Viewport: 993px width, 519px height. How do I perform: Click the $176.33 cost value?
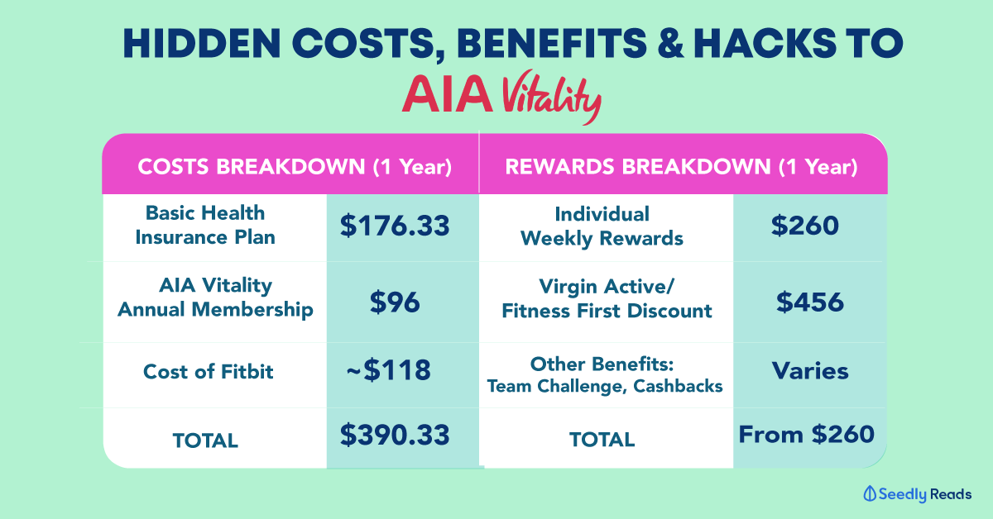point(395,226)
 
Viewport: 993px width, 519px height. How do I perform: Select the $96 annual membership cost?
point(395,301)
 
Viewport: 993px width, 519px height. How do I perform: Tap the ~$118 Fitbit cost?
point(389,369)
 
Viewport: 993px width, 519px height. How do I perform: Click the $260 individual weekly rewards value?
point(808,226)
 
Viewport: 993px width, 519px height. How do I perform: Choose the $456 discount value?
point(809,301)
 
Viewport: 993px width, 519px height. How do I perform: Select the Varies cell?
point(810,370)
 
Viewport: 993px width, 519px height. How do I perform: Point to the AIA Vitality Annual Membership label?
point(215,298)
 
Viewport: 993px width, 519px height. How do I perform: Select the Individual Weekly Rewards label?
point(602,226)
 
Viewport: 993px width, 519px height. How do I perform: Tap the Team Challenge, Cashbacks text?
point(604,385)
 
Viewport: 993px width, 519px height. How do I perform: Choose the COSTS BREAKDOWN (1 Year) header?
point(295,167)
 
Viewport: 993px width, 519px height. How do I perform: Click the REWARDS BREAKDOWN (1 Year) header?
point(680,167)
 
